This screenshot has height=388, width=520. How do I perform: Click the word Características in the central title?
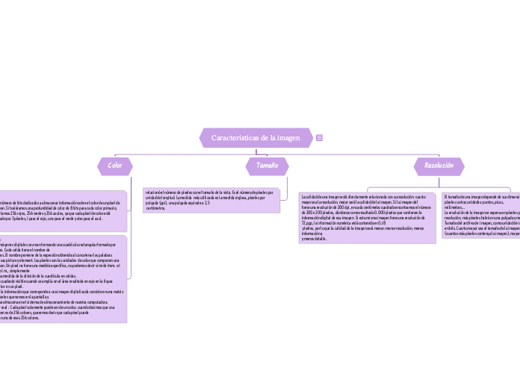click(x=234, y=138)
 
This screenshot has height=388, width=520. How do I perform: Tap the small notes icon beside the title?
click(x=320, y=138)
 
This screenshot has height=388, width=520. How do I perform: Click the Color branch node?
click(x=115, y=165)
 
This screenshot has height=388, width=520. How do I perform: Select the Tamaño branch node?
click(x=267, y=165)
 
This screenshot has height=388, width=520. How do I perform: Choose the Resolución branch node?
click(x=439, y=165)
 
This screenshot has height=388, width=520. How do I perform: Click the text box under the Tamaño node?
click(x=211, y=200)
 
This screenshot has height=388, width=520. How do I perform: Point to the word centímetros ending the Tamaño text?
click(x=156, y=208)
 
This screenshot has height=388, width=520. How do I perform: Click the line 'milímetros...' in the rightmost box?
click(x=454, y=207)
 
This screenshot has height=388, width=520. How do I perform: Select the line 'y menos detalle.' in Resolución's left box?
click(x=314, y=239)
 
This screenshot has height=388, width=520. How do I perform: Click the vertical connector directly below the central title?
click(x=256, y=151)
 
